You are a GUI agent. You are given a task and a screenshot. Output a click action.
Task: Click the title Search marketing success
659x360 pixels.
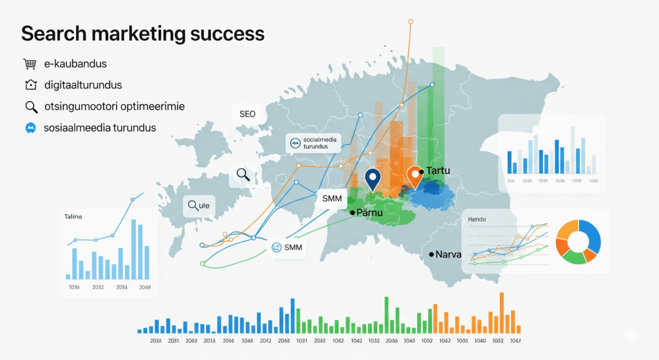click(142, 33)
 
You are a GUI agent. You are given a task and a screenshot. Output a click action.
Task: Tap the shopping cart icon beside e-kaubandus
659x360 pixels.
click(29, 64)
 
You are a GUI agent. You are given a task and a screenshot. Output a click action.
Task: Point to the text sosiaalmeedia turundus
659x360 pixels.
click(100, 128)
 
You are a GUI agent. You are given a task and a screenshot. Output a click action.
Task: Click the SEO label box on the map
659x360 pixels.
click(248, 114)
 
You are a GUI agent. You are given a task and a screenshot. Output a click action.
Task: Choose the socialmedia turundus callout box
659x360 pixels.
click(312, 144)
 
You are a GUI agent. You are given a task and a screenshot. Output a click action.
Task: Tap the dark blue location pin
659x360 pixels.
click(372, 178)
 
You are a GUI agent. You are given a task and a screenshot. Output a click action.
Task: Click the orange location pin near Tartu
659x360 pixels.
click(415, 176)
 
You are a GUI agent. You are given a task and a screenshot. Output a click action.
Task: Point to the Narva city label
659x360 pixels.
click(449, 254)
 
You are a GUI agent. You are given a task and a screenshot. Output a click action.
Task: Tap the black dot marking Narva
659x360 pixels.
click(431, 255)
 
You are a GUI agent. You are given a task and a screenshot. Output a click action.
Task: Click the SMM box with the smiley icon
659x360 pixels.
click(287, 247)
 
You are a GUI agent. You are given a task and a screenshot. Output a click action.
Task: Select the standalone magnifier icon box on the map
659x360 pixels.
click(243, 174)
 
